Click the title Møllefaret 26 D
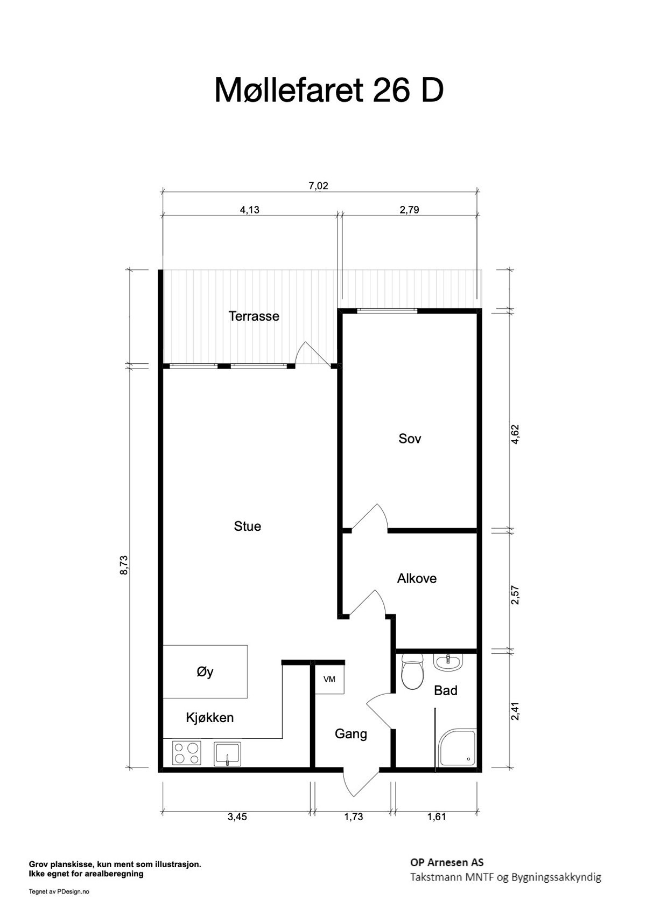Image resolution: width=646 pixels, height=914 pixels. [329, 90]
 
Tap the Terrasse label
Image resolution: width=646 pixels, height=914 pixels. [254, 316]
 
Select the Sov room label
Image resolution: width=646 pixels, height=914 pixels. [410, 438]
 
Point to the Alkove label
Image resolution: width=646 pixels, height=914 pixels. [417, 578]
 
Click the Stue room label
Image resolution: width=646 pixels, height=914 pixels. [248, 526]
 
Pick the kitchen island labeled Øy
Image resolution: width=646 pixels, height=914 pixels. [205, 671]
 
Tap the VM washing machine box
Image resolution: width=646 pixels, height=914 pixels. [329, 679]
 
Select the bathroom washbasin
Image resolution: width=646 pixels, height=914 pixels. [448, 662]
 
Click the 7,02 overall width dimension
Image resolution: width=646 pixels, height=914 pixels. [318, 186]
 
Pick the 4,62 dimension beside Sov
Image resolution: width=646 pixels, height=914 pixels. [515, 434]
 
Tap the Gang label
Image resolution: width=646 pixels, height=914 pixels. [351, 734]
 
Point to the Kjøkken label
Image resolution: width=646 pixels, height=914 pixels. [210, 718]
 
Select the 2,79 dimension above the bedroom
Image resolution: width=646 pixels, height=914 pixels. [409, 210]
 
